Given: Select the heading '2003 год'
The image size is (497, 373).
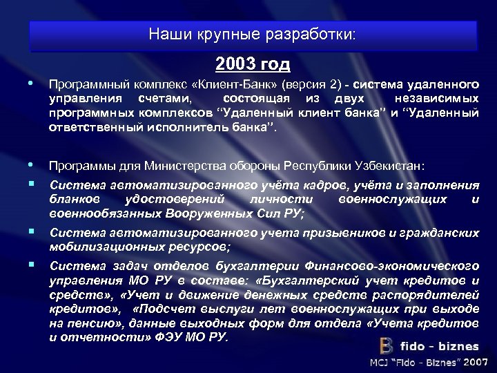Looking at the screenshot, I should pos(253,64).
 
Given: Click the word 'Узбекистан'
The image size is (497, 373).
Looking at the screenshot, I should pos(392,166).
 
